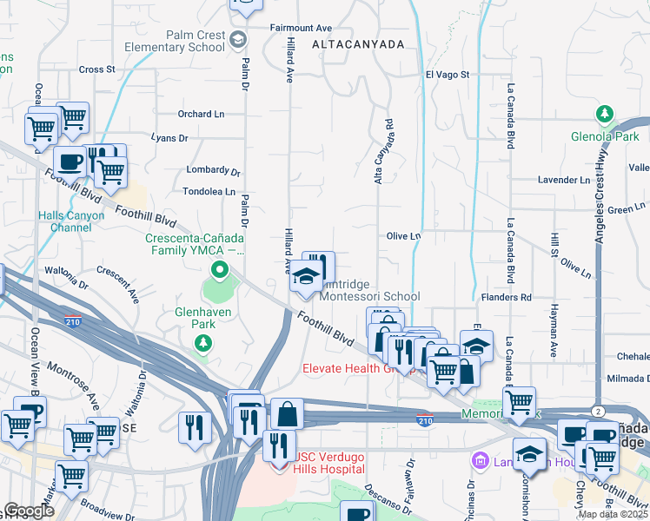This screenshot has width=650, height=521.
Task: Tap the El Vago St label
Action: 447,76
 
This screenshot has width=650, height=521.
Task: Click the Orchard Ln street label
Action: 201,114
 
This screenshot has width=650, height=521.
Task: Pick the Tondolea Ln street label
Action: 209,191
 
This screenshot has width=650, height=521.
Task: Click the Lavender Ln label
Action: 563,180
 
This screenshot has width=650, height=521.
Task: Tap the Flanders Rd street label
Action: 507,297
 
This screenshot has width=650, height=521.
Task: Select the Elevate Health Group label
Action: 356,368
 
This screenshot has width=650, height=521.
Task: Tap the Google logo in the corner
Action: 29,511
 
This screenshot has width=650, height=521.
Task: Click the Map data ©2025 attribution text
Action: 613,514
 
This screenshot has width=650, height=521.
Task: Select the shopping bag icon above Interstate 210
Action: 287,413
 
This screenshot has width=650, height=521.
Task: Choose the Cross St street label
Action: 96,69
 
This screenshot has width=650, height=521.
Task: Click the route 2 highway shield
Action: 599,410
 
